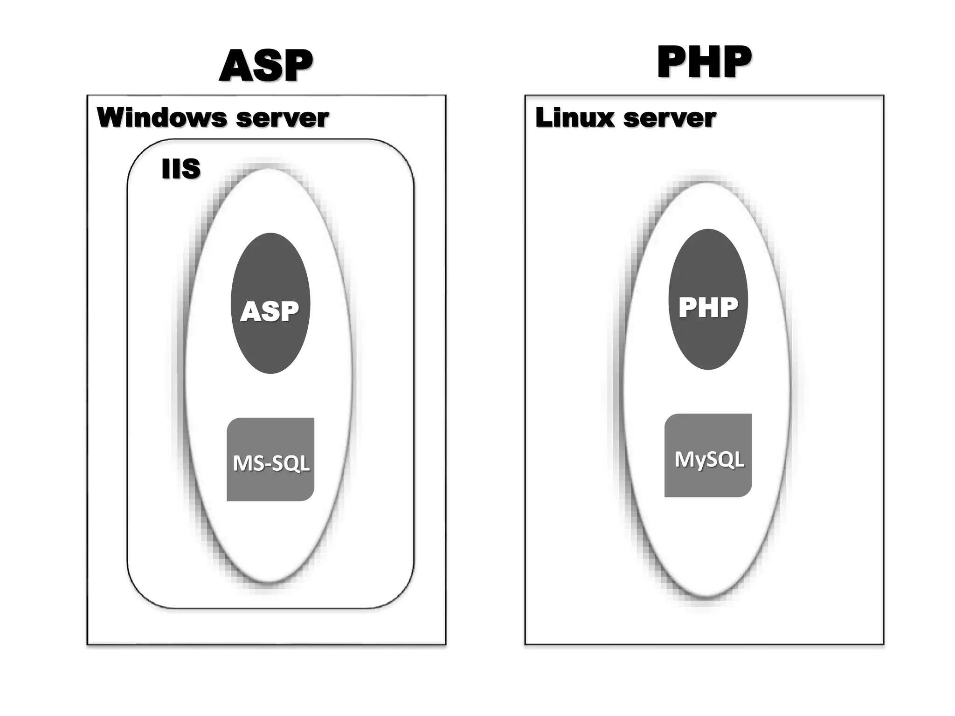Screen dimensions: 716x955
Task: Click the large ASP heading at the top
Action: pos(266,66)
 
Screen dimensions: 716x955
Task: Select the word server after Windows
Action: pos(283,118)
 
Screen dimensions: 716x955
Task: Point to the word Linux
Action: pos(575,117)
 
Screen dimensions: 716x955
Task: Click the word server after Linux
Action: pos(670,118)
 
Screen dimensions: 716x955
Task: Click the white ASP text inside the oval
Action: pos(270,311)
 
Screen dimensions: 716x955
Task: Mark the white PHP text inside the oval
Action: pos(708,308)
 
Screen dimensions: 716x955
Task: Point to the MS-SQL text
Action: pos(271,463)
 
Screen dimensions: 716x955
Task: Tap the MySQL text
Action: pos(709,460)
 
